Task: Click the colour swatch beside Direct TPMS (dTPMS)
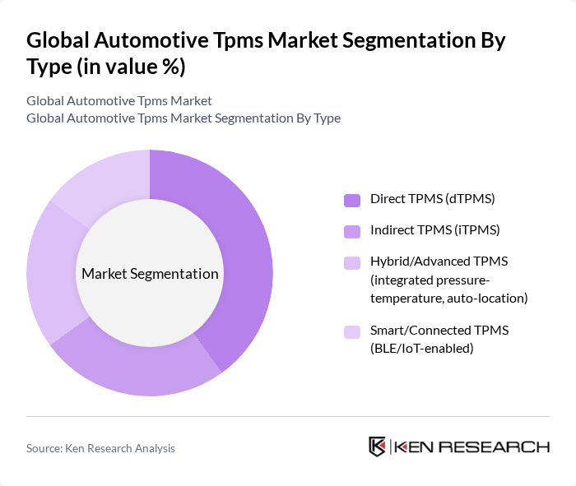pos(352,200)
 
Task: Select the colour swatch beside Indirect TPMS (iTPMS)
pos(352,231)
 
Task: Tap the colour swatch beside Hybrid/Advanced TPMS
pos(352,262)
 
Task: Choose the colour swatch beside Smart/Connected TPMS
pos(352,331)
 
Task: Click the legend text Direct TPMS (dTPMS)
pos(432,199)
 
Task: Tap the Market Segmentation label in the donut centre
pos(150,274)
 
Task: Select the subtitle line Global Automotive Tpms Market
pos(119,100)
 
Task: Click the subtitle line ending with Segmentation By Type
pos(183,118)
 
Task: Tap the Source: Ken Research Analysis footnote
pos(100,448)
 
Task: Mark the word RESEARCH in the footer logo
pos(504,447)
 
